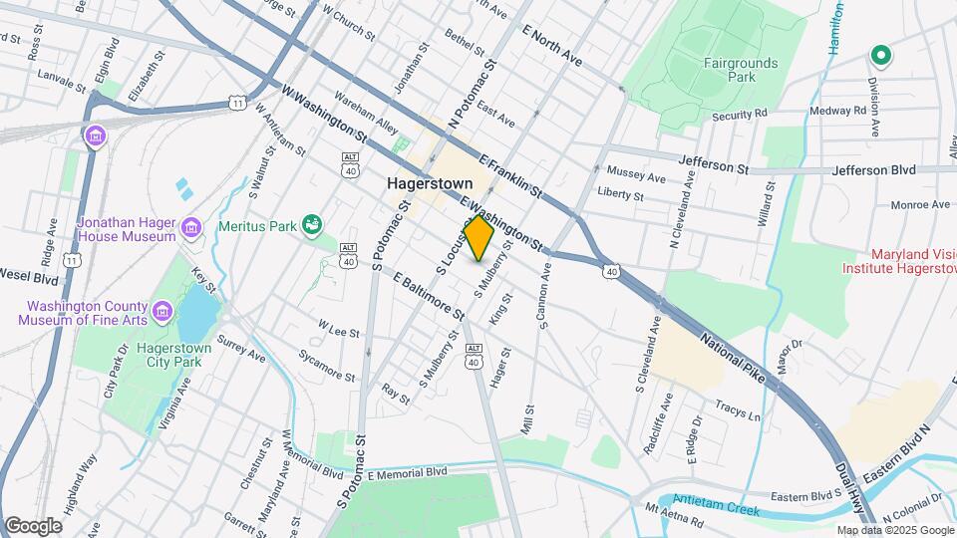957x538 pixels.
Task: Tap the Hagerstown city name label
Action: [x=429, y=184]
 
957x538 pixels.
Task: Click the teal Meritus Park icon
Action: [x=312, y=225]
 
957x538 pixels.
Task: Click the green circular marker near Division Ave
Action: [x=880, y=56]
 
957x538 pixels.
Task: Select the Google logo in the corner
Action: [x=33, y=525]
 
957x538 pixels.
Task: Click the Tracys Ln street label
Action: [x=738, y=409]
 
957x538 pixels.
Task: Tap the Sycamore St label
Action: [x=327, y=367]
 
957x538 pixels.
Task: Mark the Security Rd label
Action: [x=739, y=116]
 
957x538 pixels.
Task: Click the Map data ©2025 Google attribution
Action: [x=893, y=530]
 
